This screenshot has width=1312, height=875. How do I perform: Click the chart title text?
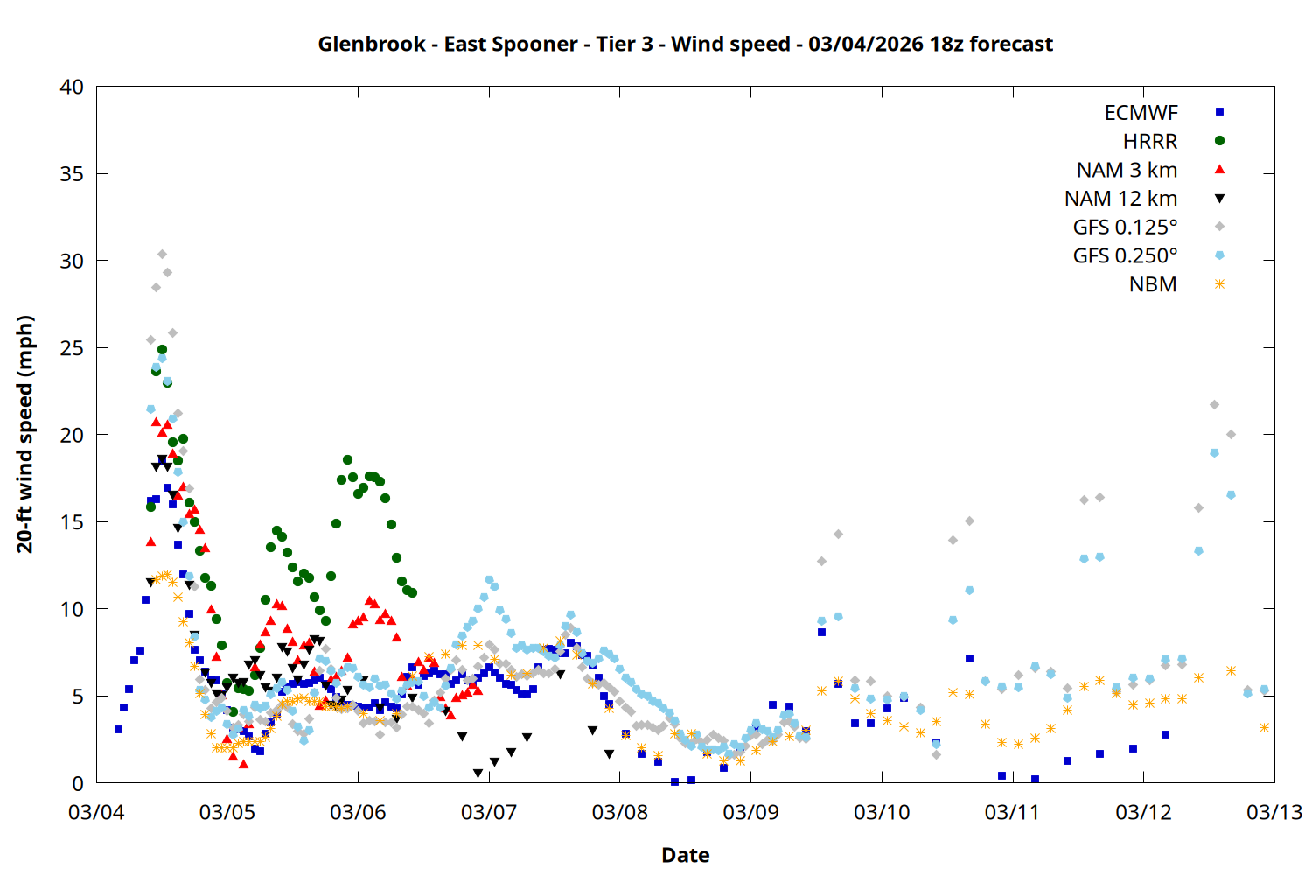point(685,44)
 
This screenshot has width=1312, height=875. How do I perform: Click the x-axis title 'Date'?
point(685,855)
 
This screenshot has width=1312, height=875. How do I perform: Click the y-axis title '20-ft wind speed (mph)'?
point(25,434)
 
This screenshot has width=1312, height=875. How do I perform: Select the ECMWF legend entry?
point(1141,113)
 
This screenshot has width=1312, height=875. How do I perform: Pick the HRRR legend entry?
point(1150,142)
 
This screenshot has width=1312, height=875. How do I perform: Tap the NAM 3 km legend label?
point(1127,170)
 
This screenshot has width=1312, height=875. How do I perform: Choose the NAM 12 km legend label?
point(1120,199)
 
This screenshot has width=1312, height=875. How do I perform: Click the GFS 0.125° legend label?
point(1125,227)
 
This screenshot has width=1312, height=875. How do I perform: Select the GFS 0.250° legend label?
point(1125,255)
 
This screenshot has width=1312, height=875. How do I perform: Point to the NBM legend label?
point(1153,284)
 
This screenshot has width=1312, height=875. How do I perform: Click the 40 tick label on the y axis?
point(72,87)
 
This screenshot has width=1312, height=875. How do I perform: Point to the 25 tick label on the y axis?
point(72,348)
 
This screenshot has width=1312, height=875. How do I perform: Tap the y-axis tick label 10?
point(72,609)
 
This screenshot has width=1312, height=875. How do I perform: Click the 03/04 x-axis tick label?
point(96,812)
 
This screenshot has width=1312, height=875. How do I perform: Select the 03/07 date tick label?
point(489,812)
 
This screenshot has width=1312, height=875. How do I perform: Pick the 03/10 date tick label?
point(882,812)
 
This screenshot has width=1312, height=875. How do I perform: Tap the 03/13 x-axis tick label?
point(1274,812)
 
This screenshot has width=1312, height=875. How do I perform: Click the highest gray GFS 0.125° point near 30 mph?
point(162,255)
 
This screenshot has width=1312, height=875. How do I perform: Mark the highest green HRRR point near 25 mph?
point(162,349)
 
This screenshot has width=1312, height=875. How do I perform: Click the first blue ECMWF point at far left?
point(118,729)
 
